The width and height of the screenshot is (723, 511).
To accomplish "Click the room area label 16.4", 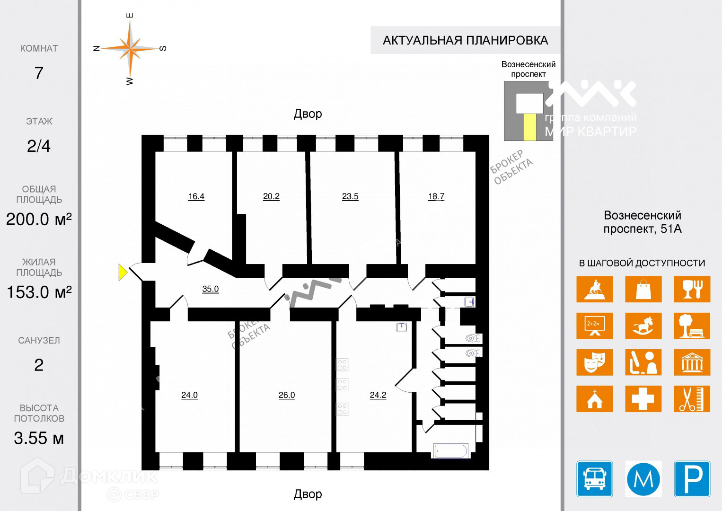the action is (196, 196).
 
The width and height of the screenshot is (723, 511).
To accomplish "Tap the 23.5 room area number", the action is (350, 196).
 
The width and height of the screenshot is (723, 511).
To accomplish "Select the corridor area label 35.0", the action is (210, 289).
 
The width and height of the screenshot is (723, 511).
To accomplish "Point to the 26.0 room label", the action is (287, 395).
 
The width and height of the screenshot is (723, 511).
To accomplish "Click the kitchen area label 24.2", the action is (378, 395).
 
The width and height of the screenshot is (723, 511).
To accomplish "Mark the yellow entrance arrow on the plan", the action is (122, 272).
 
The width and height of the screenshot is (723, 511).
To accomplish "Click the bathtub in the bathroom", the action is (451, 451).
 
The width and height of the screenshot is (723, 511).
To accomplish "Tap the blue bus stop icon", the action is (594, 479).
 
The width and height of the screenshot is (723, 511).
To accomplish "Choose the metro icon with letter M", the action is (643, 479).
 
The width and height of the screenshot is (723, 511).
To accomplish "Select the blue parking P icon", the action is (692, 479).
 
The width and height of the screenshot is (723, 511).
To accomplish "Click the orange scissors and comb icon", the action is (692, 398).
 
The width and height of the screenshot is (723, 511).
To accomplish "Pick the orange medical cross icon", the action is (643, 398).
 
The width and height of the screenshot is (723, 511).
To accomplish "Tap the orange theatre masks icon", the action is (594, 362).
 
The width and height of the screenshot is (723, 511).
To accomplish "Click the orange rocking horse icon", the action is (643, 326).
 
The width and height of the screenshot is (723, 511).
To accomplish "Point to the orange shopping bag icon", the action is (643, 289).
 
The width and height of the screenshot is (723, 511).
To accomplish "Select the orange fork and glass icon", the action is (692, 289).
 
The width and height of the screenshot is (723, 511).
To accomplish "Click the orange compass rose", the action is (130, 48).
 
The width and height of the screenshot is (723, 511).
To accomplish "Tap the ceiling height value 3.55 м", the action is (39, 438).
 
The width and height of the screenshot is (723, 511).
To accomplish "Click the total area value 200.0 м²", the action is (39, 219).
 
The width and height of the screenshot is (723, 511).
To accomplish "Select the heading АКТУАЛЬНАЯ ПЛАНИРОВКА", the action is (465, 41).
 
